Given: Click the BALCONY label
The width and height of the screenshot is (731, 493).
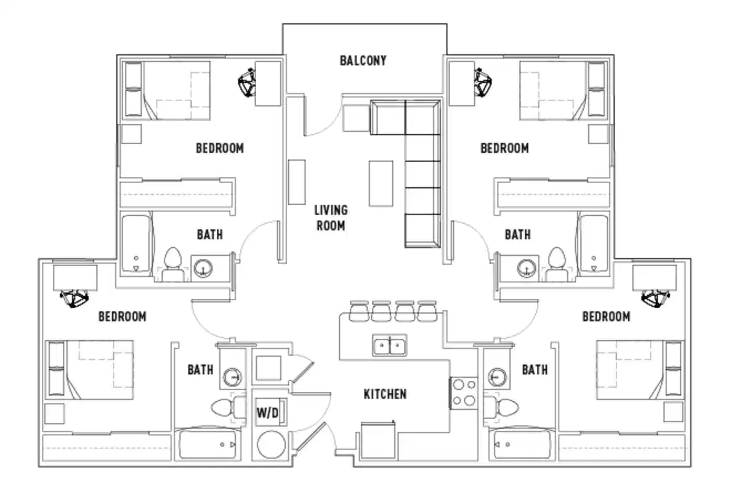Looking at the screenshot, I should (363, 60).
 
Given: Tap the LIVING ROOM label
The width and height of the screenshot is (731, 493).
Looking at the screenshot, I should (331, 218).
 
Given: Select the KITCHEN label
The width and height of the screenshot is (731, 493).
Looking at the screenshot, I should (384, 394).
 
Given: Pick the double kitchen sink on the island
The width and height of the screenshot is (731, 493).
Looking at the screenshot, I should (389, 345).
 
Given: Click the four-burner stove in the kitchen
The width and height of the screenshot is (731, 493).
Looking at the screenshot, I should (464, 392).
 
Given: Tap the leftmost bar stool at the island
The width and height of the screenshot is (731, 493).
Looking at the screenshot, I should (358, 311).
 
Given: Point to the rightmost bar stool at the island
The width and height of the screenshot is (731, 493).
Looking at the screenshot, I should (427, 311).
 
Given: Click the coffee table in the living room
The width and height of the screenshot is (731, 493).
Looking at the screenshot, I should (381, 182).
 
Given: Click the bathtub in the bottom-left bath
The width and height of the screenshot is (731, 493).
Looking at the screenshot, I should (209, 444).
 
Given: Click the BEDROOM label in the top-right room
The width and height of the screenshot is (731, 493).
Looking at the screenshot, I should (504, 149).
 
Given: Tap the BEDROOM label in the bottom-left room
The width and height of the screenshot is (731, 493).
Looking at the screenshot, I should (123, 317).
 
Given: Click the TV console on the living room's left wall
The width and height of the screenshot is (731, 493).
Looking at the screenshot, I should (297, 182).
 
